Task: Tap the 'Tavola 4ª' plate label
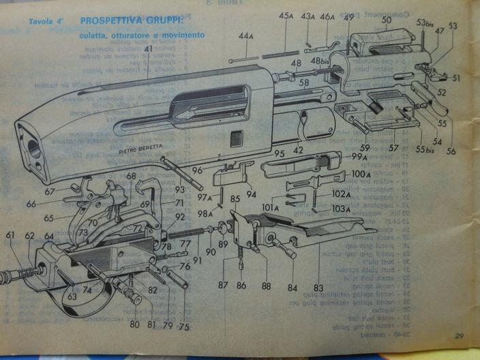click(x=46, y=22)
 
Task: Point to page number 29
click(x=460, y=335)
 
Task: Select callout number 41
click(x=147, y=50)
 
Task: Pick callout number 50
click(x=387, y=20)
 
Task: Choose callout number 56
click(x=451, y=151)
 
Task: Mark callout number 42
click(x=298, y=148)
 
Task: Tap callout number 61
click(x=10, y=236)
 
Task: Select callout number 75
click(x=183, y=325)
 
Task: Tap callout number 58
click(x=304, y=82)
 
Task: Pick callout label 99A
click(x=359, y=157)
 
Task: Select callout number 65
click(x=48, y=218)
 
